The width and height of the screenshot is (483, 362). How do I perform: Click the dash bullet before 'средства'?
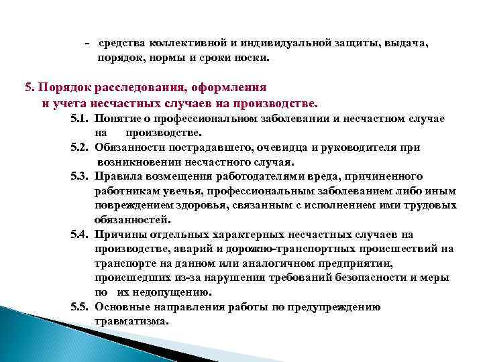coord(88,43)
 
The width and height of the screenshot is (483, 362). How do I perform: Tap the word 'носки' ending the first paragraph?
coord(252,58)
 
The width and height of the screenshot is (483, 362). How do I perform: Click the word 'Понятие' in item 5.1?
coord(117,118)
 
